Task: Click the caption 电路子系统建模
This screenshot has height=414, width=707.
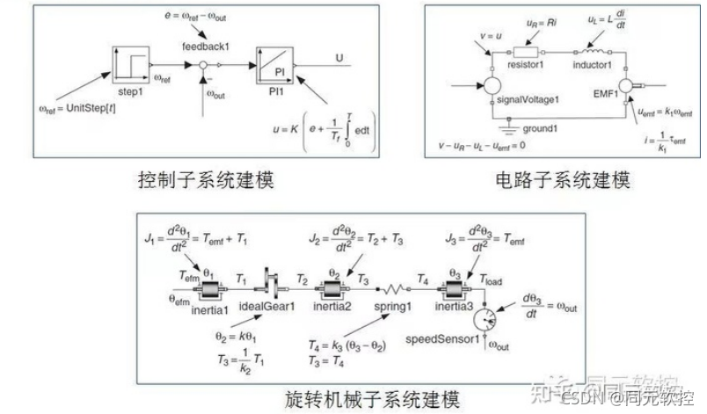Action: click(x=563, y=180)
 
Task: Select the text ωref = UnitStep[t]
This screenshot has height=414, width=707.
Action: click(x=75, y=109)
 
